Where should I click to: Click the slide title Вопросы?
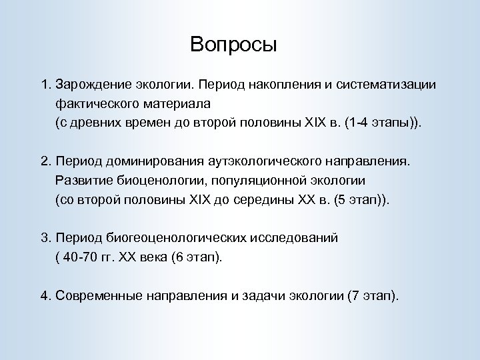pyautogui.click(x=233, y=45)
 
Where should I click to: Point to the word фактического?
pyautogui.click(x=97, y=105)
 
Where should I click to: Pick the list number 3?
pyautogui.click(x=44, y=237)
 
